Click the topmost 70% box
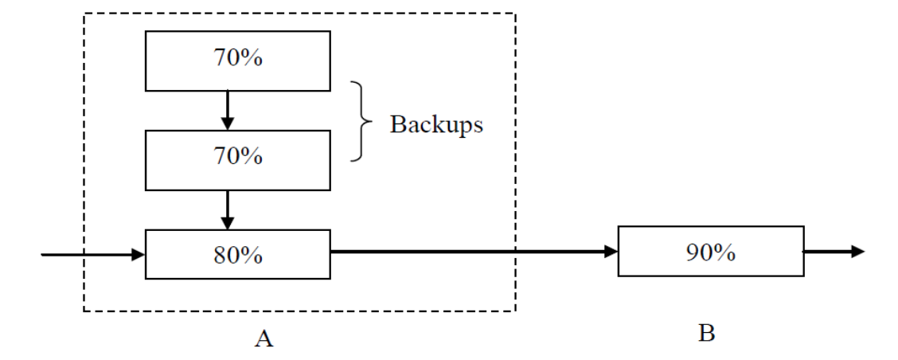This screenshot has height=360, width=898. click(x=237, y=60)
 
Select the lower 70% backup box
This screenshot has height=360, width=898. click(x=237, y=156)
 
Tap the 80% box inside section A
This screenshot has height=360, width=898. click(x=237, y=254)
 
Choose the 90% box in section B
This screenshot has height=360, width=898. click(x=710, y=252)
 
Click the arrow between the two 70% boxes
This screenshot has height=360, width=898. click(x=228, y=109)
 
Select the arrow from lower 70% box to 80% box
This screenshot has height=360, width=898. click(x=228, y=208)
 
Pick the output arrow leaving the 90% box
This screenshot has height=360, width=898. click(x=833, y=252)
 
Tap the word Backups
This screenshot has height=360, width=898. click(x=435, y=125)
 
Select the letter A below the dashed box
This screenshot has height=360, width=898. click(x=264, y=339)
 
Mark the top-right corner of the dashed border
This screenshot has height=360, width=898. click(x=515, y=14)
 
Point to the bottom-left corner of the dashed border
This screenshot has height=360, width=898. click(x=84, y=311)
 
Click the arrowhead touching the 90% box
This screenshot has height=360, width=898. click(x=611, y=252)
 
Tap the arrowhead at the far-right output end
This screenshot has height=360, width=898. click(x=857, y=252)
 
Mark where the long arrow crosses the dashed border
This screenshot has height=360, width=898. click(x=515, y=252)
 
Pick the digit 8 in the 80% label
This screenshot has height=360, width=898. click(x=219, y=255)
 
